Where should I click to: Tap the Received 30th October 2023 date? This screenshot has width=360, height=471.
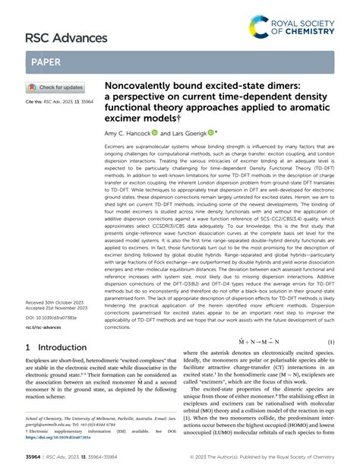pyautogui.click(x=55, y=301)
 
